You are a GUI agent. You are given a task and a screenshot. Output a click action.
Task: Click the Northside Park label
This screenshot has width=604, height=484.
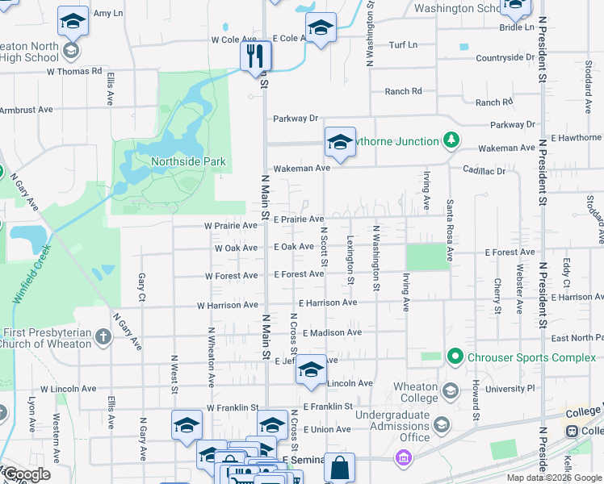[x=188, y=161]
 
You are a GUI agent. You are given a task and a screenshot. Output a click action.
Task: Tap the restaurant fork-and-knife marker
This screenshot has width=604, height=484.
[x=255, y=56]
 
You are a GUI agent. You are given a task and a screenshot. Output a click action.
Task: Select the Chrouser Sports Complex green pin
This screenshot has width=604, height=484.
[x=455, y=356]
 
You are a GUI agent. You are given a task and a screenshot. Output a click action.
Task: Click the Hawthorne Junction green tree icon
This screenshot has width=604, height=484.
[x=451, y=141]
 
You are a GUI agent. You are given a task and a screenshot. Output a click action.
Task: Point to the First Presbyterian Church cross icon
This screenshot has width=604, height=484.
[x=103, y=336]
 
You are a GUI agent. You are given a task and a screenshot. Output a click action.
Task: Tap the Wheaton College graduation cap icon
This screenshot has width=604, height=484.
[x=450, y=391]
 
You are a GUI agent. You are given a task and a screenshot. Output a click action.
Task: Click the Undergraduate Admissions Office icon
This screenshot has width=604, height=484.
[x=442, y=424]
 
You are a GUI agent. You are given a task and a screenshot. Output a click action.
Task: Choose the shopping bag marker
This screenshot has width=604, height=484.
[x=340, y=468]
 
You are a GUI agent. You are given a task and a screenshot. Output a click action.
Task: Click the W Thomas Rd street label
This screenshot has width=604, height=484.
[x=74, y=71]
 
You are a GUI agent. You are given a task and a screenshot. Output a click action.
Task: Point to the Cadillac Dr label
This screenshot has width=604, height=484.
[x=484, y=171]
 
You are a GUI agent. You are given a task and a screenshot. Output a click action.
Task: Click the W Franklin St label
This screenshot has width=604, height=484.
[x=232, y=408]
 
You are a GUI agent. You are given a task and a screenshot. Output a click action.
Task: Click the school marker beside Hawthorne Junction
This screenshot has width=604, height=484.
[x=340, y=143]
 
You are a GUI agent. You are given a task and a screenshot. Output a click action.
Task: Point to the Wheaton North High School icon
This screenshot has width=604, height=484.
[x=70, y=52]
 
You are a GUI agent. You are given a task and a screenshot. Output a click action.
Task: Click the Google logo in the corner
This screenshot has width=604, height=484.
[x=26, y=474]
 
